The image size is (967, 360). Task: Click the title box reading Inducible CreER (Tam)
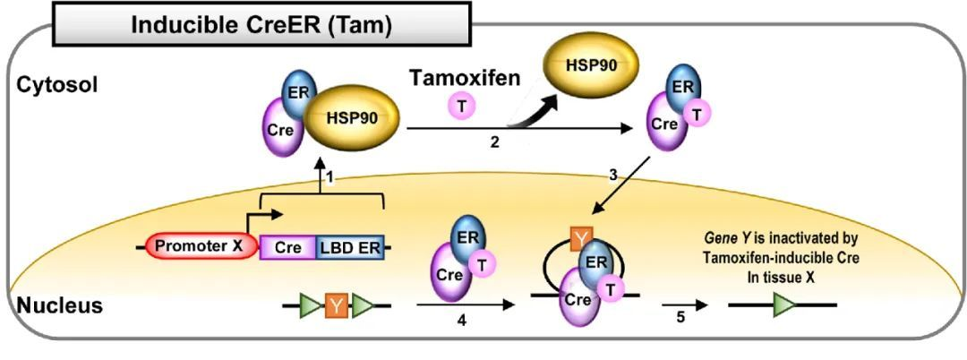tap(261, 25)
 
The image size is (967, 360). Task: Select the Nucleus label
tap(58, 305)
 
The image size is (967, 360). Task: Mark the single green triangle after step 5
tap(783, 305)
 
